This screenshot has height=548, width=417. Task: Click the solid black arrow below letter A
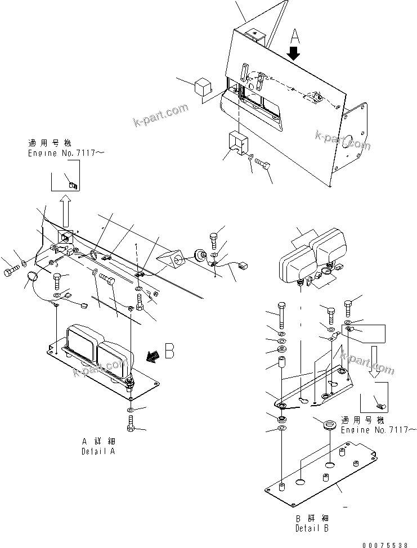(295, 55)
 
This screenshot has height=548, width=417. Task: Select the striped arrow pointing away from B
(151, 355)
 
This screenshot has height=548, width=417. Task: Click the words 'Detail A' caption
(99, 451)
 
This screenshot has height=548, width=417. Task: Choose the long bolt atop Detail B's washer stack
(281, 311)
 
